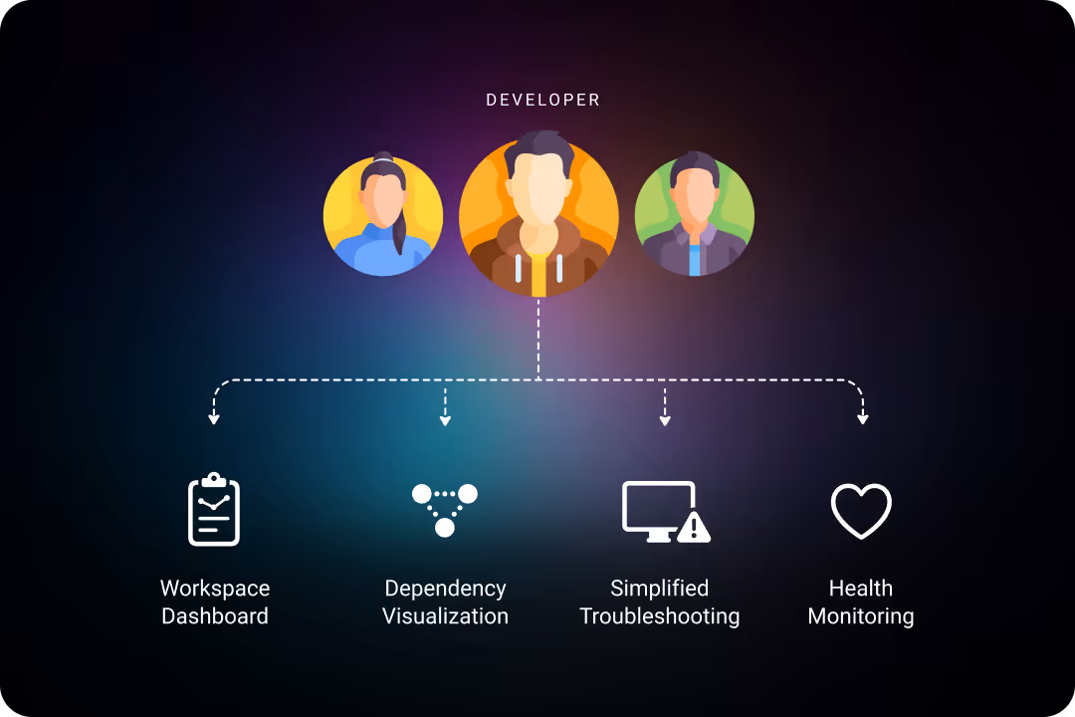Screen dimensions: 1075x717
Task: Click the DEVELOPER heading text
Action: (542, 101)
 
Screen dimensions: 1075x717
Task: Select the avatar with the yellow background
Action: (383, 216)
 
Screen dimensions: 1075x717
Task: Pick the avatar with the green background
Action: (694, 216)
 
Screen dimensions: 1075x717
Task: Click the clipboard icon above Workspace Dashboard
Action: (214, 510)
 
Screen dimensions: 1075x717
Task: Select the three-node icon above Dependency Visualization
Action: (445, 509)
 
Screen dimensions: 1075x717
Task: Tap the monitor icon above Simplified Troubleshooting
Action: (658, 510)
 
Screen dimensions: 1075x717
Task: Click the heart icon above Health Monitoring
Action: (861, 511)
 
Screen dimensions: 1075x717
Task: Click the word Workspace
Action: (215, 589)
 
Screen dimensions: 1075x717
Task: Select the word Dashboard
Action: (215, 616)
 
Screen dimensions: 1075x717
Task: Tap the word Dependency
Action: (445, 589)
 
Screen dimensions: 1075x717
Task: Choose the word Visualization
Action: (445, 616)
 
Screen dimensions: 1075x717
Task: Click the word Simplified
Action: (659, 589)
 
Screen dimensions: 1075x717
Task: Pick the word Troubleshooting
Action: (659, 616)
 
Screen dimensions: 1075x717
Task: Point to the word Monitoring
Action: (861, 616)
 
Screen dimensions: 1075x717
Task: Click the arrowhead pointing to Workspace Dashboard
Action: (213, 419)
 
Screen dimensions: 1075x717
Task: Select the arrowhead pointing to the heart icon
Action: (862, 419)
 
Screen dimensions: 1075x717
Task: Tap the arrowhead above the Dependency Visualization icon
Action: (445, 420)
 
